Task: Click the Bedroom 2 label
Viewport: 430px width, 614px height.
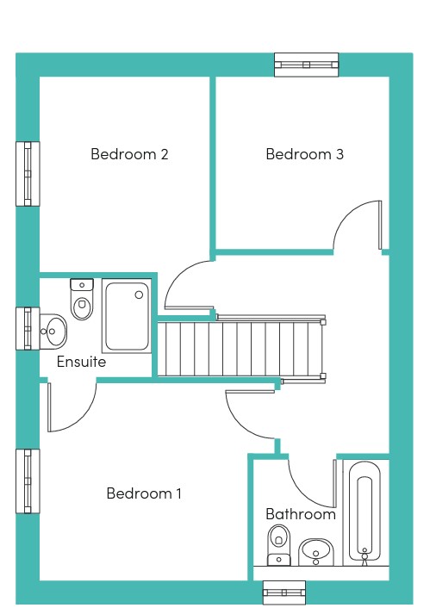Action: click(x=129, y=154)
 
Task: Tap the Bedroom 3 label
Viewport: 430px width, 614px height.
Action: click(x=304, y=154)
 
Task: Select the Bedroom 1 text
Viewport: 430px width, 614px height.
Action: click(x=144, y=493)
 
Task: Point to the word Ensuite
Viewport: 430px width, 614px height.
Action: click(x=81, y=362)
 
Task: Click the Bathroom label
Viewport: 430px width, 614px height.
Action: click(x=301, y=514)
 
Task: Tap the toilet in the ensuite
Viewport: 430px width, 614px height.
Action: click(x=82, y=299)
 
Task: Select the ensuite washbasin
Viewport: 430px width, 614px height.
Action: click(x=53, y=332)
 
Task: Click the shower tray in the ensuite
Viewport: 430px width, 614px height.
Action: click(x=127, y=316)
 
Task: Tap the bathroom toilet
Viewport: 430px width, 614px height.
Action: click(x=278, y=545)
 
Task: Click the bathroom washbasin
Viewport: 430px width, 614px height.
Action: click(x=316, y=553)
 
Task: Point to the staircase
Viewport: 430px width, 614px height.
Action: click(x=240, y=349)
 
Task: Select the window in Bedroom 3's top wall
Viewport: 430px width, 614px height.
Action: click(x=307, y=65)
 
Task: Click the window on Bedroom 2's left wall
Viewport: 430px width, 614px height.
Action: click(x=28, y=174)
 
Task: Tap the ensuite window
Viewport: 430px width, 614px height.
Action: click(x=28, y=329)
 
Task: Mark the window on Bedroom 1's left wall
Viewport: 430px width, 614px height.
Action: click(x=28, y=481)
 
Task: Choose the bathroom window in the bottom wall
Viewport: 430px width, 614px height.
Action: click(x=284, y=592)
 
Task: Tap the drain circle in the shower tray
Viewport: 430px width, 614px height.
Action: click(x=139, y=295)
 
